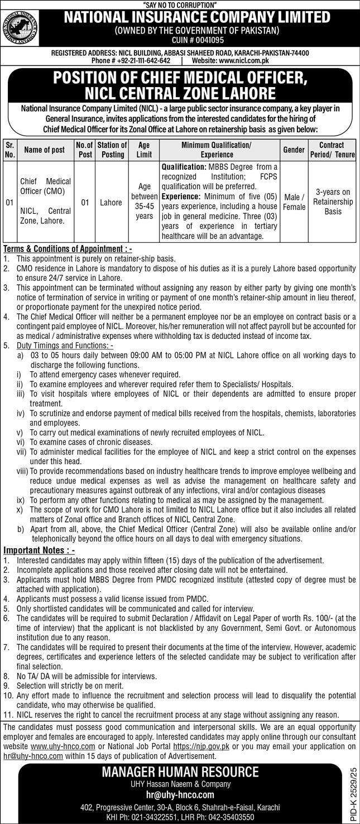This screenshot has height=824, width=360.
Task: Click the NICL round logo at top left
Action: tap(25, 27)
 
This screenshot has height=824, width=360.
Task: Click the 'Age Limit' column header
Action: tap(145, 150)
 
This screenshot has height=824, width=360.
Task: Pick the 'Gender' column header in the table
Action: tap(294, 150)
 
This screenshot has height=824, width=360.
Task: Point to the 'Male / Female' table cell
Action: tap(294, 202)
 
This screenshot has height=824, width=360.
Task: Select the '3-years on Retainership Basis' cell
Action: tap(333, 202)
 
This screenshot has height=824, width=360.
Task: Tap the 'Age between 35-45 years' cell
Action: tap(145, 202)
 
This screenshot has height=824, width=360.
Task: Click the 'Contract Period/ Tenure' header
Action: tap(333, 150)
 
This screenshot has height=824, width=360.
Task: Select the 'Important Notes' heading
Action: tap(39, 550)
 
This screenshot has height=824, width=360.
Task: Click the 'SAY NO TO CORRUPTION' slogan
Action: tap(180, 4)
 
